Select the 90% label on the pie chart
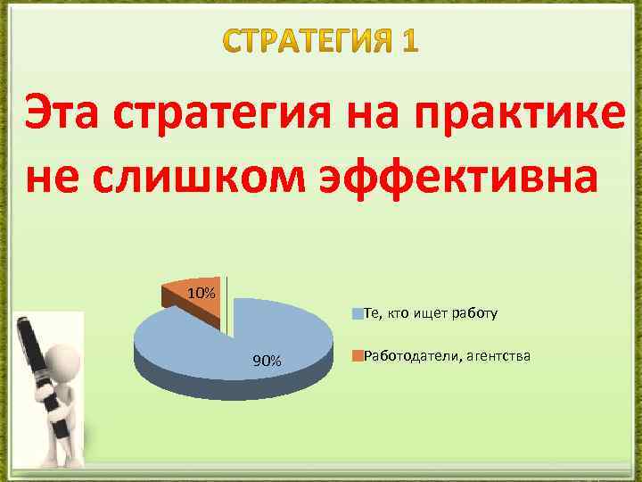tap(267, 361)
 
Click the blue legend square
tap(358, 313)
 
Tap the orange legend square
tap(358, 357)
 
